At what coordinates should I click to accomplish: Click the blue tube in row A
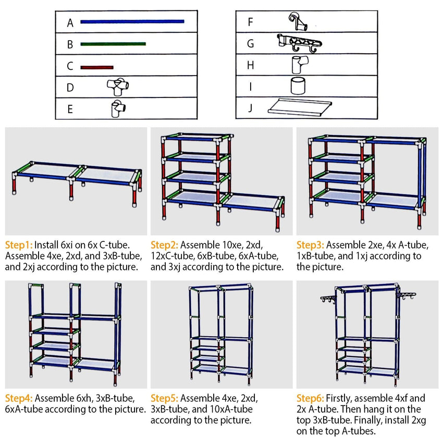132,22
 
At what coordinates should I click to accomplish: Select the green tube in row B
113,44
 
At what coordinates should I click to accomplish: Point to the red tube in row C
97,67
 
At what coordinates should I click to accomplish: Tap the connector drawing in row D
118,86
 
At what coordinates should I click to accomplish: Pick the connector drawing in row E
118,108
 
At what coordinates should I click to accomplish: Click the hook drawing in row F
299,21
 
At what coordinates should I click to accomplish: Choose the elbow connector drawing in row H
298,65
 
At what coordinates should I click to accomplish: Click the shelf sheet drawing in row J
300,107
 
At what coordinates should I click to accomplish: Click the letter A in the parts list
70,23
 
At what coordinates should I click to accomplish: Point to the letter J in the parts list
251,108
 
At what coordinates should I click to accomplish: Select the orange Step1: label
19,244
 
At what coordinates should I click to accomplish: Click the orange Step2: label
165,244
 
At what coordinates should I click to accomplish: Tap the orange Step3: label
311,244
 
